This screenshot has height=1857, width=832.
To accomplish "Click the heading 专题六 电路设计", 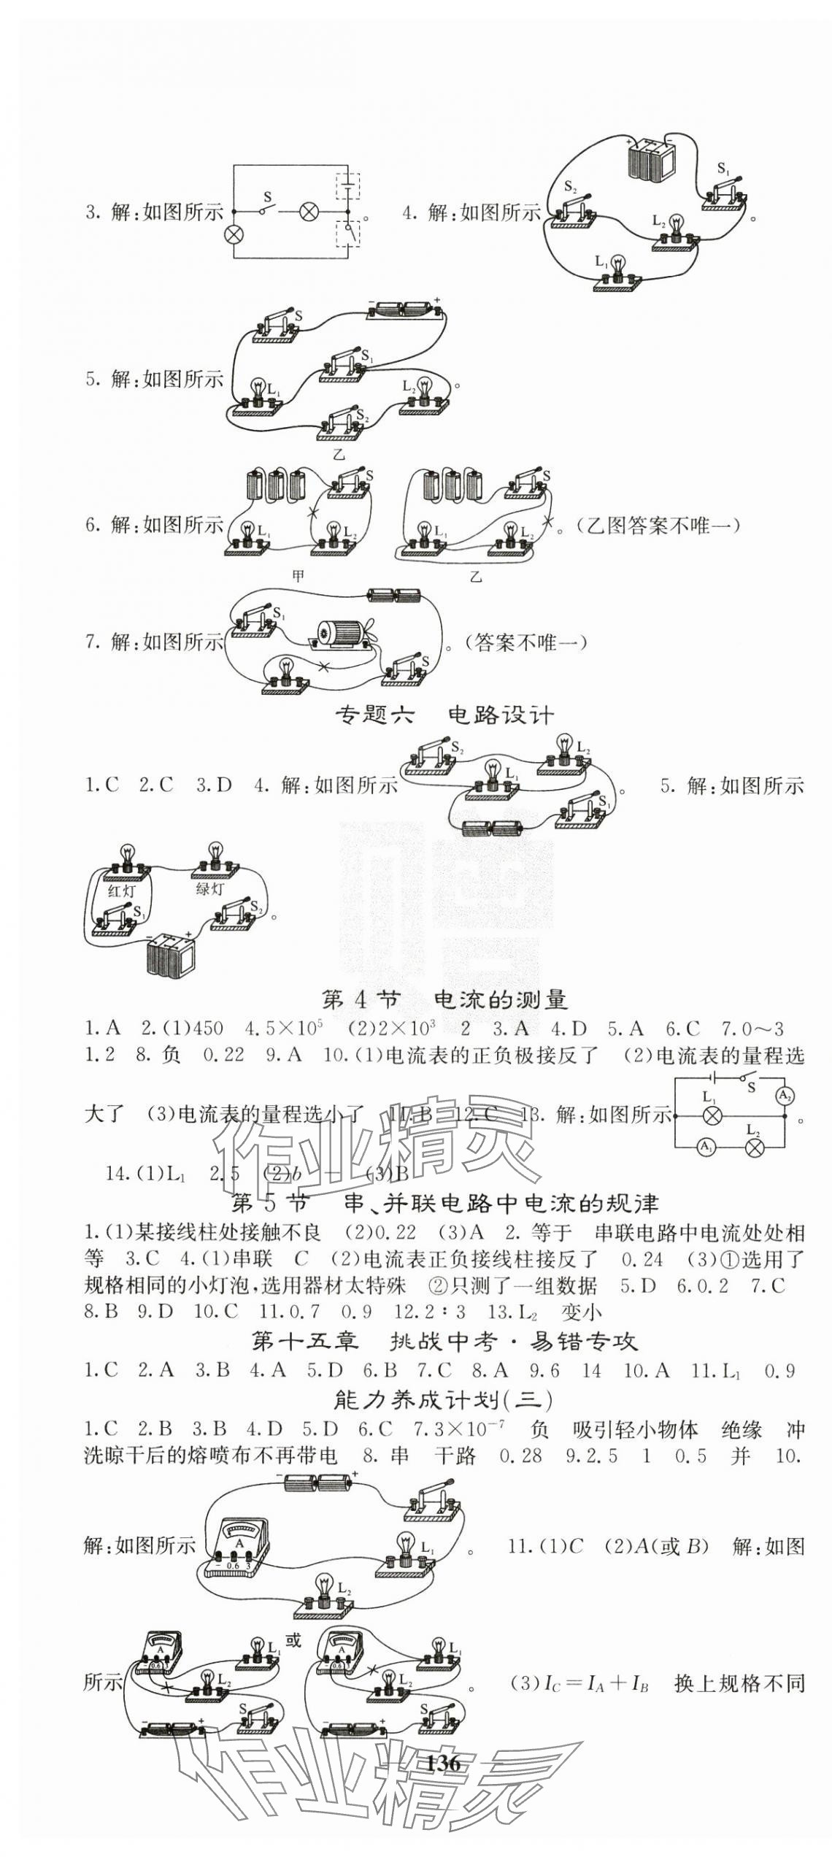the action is click(444, 715).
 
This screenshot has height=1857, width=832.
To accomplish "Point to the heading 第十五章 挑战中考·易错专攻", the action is click(444, 1341).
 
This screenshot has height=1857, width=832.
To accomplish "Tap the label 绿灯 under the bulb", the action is click(210, 889).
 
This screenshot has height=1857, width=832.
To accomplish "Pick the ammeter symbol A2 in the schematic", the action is click(784, 1096).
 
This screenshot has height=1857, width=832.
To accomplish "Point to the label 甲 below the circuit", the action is click(298, 575).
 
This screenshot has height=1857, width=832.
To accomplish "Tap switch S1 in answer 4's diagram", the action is click(727, 191).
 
